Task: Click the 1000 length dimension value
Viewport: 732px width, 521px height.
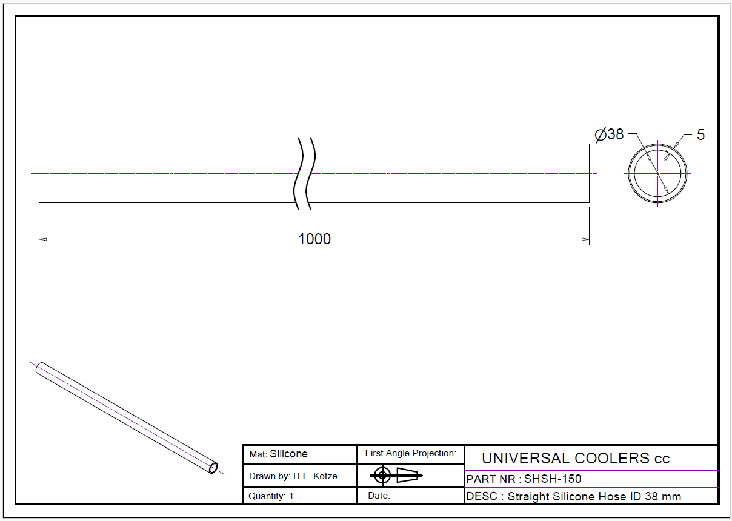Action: (314, 239)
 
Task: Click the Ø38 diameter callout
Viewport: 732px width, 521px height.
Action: (609, 134)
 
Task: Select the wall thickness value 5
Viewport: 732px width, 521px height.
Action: (700, 134)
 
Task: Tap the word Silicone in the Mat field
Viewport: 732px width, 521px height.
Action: (289, 454)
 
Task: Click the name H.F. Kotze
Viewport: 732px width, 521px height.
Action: (315, 476)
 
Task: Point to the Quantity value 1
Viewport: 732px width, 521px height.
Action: (291, 496)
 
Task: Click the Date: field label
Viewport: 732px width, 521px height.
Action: (379, 496)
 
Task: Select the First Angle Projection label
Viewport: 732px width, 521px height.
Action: (411, 453)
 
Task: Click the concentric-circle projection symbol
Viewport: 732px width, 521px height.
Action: (382, 476)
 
